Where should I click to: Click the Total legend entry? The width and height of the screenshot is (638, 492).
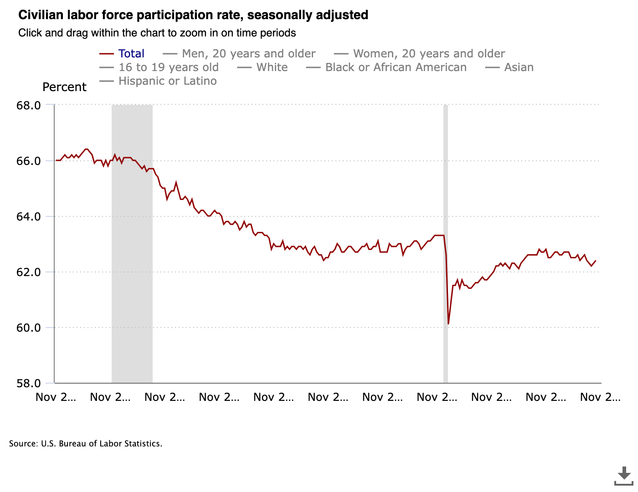click(x=131, y=54)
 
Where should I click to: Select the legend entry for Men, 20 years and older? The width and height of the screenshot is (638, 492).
click(x=248, y=54)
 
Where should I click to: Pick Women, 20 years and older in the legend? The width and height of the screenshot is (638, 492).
click(x=429, y=54)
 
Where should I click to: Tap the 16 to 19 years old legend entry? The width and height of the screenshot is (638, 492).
click(x=169, y=67)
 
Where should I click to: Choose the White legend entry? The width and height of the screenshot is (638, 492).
click(x=272, y=67)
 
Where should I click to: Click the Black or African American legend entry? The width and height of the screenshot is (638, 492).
click(x=396, y=67)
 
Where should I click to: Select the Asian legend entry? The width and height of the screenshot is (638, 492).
click(x=519, y=67)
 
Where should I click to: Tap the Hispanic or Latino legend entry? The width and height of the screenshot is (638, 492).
click(x=167, y=81)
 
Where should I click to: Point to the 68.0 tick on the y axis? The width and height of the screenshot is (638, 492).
click(x=29, y=105)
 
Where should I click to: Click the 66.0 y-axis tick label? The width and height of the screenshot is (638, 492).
click(x=29, y=161)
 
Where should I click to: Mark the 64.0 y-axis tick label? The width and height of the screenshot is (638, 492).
click(x=29, y=216)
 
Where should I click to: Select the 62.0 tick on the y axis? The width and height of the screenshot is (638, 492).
click(x=29, y=272)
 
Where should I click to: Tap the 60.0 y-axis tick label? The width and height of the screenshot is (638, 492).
click(x=29, y=328)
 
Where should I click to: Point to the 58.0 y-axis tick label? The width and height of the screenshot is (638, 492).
click(x=29, y=383)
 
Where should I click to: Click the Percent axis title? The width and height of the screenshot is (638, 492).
click(x=64, y=87)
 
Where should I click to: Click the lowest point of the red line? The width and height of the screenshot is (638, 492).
click(x=448, y=324)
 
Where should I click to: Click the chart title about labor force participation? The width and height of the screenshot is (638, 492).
click(x=193, y=15)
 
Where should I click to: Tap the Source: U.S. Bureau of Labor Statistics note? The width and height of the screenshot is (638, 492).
click(x=86, y=444)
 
